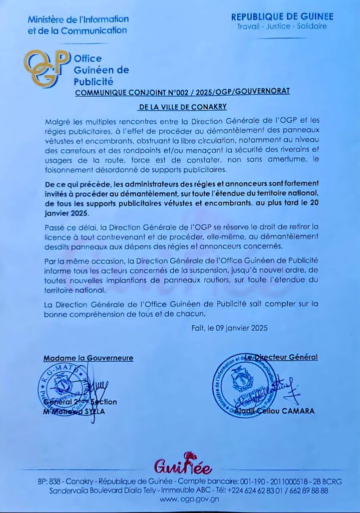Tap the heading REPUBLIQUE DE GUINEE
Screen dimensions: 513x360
282,17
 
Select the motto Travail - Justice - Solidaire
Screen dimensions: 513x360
282,26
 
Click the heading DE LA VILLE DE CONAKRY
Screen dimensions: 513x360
182,106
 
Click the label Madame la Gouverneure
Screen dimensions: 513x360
89,358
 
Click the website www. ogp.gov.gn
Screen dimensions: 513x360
183,499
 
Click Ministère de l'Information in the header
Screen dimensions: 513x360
78,20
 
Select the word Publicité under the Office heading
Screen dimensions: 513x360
94,81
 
